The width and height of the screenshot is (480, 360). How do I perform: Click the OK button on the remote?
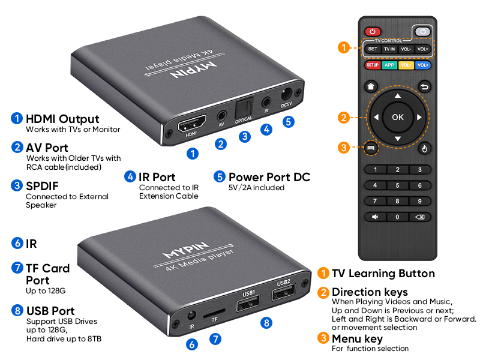[397, 117]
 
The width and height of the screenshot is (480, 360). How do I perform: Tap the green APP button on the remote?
[389, 65]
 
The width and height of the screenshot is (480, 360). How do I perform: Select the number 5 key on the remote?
[397, 185]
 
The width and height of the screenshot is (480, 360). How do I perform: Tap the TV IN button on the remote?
[389, 49]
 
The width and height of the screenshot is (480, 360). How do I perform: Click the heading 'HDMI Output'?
[62, 119]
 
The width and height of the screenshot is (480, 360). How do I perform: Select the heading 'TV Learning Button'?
[383, 274]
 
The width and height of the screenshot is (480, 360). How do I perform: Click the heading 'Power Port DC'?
[269, 177]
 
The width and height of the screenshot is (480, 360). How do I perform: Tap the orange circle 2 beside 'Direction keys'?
[323, 292]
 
